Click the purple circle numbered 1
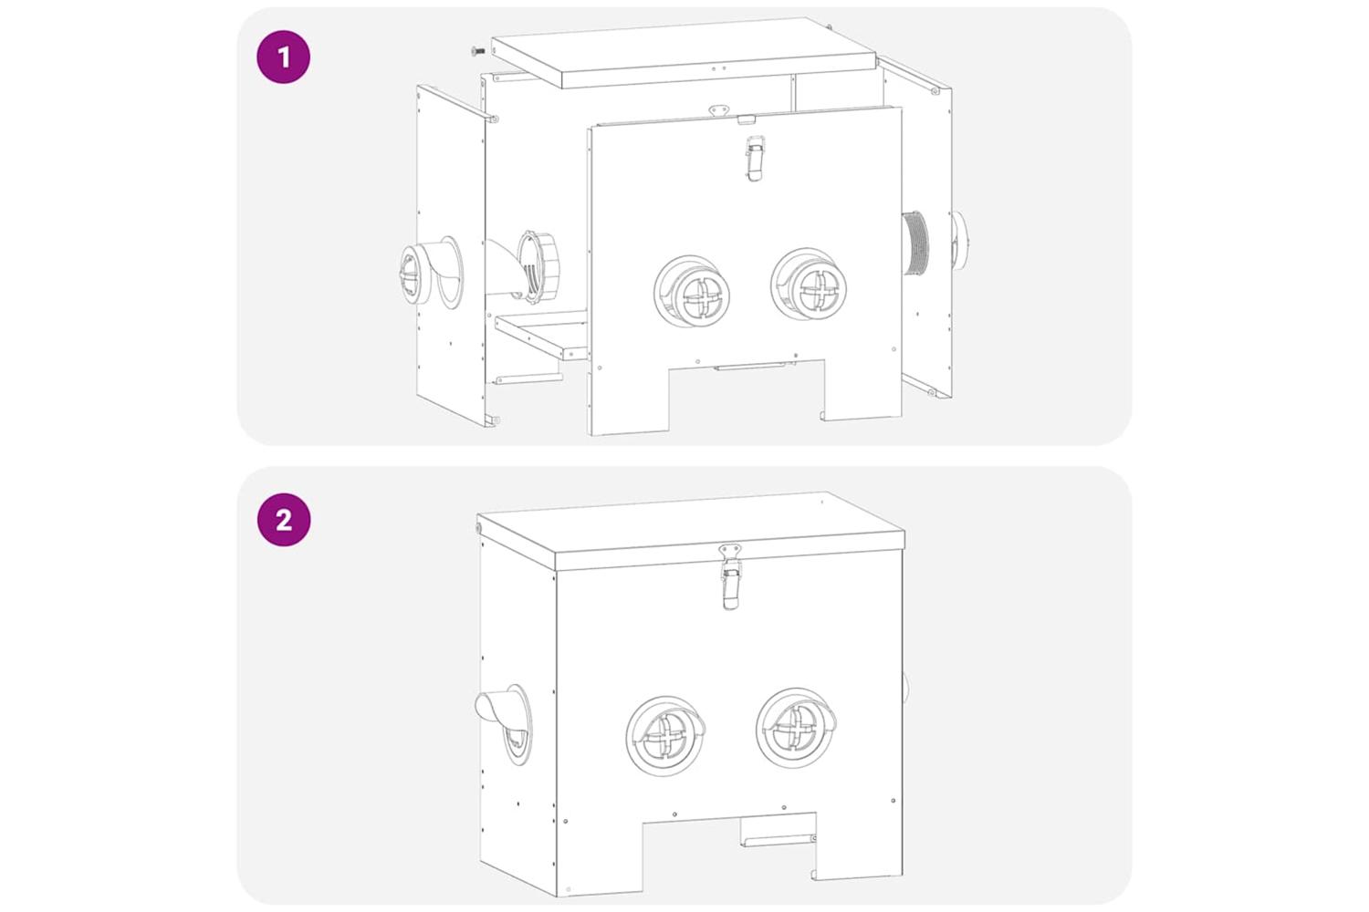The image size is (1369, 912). (284, 57)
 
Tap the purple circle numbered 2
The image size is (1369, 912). (284, 520)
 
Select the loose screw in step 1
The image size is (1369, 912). (478, 51)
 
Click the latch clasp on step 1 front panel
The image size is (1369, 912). (756, 158)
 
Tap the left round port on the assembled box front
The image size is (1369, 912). (665, 735)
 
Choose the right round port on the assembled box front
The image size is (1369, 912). (797, 728)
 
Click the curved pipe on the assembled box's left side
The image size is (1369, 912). (504, 722)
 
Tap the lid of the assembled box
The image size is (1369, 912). (691, 531)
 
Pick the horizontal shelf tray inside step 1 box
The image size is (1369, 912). (541, 334)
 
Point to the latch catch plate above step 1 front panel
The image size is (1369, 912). (719, 110)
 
